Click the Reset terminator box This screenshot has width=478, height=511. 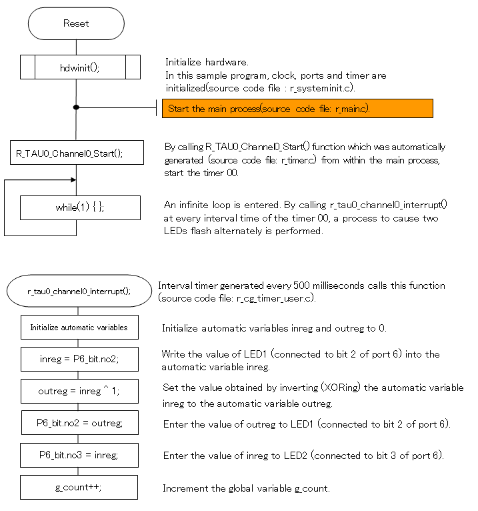(x=76, y=23)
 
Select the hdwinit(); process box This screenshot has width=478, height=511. (x=80, y=67)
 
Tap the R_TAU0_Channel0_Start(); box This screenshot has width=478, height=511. (x=77, y=153)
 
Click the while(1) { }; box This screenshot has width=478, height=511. (x=80, y=207)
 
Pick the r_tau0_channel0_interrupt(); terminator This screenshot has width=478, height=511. (x=79, y=291)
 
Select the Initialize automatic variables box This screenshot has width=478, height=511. (x=79, y=328)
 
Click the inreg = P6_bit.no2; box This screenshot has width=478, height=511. (x=79, y=360)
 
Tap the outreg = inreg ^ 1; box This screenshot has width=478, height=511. (x=79, y=392)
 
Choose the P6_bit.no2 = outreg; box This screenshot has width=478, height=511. (x=79, y=423)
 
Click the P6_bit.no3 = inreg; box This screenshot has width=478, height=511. (x=79, y=455)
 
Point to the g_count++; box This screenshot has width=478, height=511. (x=79, y=487)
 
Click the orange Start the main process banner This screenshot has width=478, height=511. (x=297, y=108)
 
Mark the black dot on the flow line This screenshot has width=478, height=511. (x=76, y=107)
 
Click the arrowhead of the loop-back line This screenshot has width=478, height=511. (x=73, y=179)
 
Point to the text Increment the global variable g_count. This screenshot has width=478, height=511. (x=246, y=488)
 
